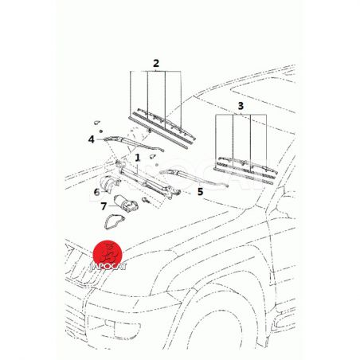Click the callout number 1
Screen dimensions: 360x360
point(137,158)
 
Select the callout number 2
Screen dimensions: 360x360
point(156,63)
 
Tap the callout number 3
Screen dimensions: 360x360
point(241,106)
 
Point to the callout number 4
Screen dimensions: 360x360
point(92,139)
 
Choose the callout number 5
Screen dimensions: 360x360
point(201,191)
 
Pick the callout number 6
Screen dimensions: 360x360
point(96,192)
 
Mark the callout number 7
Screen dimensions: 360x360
point(104,206)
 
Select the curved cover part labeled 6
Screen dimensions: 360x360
point(110,182)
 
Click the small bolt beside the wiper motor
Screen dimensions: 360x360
point(145,200)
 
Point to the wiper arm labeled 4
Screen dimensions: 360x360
point(133,143)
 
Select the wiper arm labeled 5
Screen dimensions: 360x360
point(194,178)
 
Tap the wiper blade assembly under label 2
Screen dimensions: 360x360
point(162,128)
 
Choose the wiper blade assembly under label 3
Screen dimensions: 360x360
point(245,170)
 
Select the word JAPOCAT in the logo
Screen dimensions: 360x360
point(108,267)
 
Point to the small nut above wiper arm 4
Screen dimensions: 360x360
point(101,131)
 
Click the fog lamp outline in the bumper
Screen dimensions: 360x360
point(123,326)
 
